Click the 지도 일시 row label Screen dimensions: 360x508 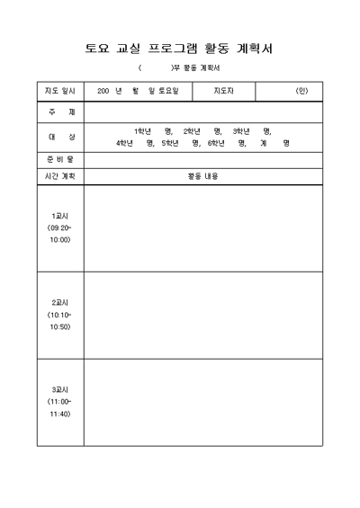coord(59,92)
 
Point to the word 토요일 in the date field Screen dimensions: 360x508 coord(168,92)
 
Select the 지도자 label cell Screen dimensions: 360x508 coord(224,92)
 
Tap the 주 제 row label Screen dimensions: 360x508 coord(59,112)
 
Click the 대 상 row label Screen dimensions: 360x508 coord(59,137)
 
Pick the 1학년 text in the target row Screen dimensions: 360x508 coord(143,131)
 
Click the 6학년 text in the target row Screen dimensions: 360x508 coord(216,143)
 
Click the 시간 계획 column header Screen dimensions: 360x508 coord(59,176)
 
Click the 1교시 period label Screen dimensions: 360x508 coord(59,217)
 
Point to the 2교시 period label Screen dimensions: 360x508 coord(59,303)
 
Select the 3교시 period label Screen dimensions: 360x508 coord(59,389)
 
